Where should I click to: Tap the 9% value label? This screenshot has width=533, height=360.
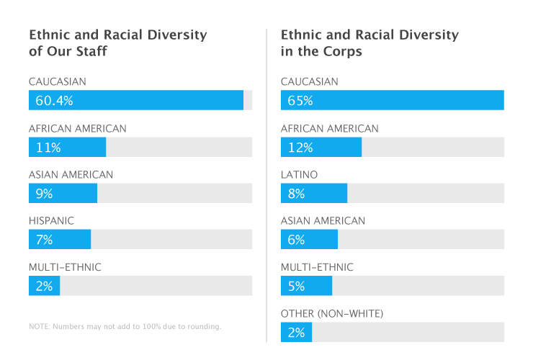(x=44, y=194)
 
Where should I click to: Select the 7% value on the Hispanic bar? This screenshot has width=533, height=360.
(x=44, y=240)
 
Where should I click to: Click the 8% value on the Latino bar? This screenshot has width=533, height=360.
(x=296, y=194)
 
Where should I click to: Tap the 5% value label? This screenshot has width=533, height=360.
(x=296, y=287)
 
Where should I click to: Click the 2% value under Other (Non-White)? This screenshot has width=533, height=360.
(x=296, y=333)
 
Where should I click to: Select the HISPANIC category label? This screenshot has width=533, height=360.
(x=51, y=221)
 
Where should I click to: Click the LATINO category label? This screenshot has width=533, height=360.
(x=299, y=175)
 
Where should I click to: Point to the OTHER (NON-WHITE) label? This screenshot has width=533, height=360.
(x=332, y=315)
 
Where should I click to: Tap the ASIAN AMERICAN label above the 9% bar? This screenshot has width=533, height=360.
(x=71, y=175)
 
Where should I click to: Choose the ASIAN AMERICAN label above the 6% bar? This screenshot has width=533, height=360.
(x=323, y=221)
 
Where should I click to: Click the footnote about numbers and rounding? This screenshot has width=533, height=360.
(x=125, y=326)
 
